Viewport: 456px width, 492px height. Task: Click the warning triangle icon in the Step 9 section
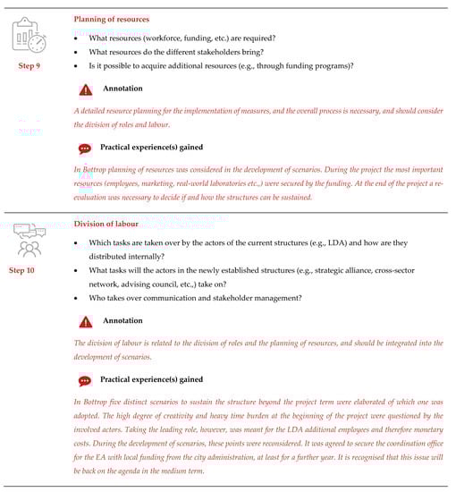click(85, 89)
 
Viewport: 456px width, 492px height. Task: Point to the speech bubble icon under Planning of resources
click(85, 148)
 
